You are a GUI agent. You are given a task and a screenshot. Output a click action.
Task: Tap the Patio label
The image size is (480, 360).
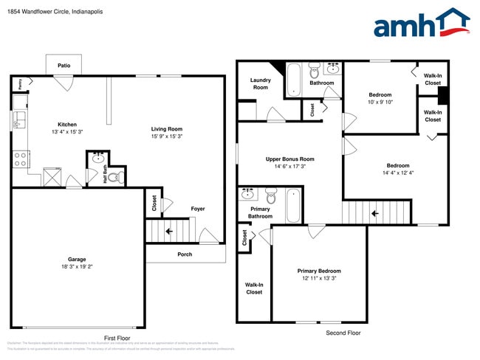tap(64, 66)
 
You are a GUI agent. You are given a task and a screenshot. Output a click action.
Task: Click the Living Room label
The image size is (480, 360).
tap(166, 128)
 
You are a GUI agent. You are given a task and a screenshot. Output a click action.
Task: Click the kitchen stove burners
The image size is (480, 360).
tap(20, 156)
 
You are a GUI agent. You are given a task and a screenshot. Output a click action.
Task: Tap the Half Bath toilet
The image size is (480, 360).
tap(118, 176)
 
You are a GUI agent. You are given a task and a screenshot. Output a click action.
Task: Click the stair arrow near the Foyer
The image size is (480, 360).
tap(170, 230)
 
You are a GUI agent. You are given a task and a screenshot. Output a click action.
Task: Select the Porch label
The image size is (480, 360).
tap(185, 255)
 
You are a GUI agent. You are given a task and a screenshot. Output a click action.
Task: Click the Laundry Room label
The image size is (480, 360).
tap(260, 83)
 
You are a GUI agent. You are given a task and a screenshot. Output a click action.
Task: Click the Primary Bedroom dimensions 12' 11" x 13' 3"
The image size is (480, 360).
tap(319, 278)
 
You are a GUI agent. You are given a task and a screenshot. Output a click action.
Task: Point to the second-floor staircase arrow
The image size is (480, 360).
tap(375, 213)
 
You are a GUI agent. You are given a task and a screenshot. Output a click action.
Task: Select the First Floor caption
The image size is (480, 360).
tap(117, 336)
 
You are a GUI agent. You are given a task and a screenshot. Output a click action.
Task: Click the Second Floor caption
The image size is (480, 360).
tap(343, 333)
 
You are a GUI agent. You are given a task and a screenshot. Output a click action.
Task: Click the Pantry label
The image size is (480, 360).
tap(20, 84)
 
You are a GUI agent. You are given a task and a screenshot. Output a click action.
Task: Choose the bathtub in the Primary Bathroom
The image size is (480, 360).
tap(293, 206)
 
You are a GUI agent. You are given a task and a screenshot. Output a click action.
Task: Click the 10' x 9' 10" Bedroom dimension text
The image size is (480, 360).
tap(380, 103)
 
